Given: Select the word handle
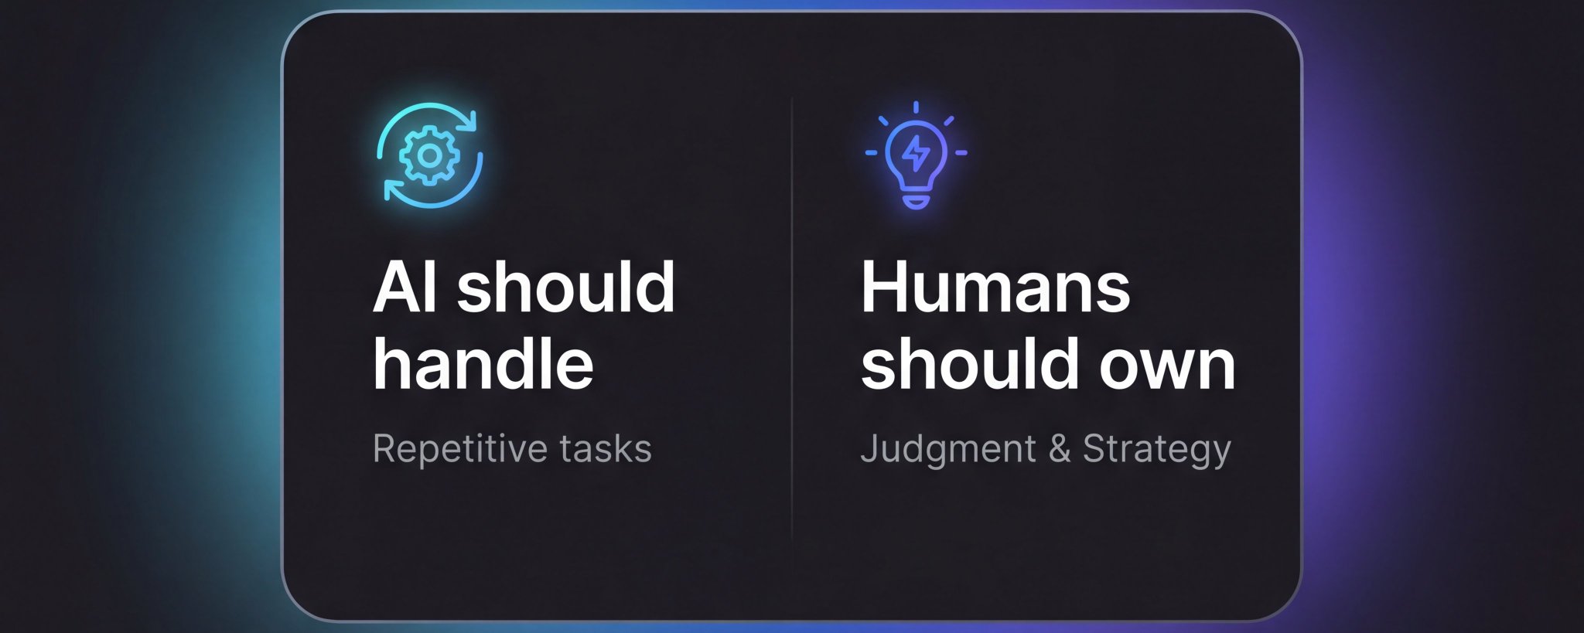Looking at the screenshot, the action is coord(483,362).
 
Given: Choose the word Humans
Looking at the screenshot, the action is coord(995,287).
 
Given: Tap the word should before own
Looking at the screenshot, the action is coord(971,362).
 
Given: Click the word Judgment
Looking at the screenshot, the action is coord(948,450).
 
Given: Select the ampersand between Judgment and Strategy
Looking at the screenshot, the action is coord(1060,449).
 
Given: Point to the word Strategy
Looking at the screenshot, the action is coord(1157,450).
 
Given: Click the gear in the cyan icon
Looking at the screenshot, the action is coord(430,156).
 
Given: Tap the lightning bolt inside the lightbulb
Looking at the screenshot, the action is coord(917,153).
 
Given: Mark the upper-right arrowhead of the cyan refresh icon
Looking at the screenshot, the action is coord(467,120).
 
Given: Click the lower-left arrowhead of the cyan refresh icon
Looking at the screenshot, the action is coord(394,191).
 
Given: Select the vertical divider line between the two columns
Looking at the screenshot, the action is coord(792,321).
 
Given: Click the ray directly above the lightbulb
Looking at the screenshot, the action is coord(917,107).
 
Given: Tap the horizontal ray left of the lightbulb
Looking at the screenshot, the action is coord(872,153).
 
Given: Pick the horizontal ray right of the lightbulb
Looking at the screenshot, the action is coord(961,153).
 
